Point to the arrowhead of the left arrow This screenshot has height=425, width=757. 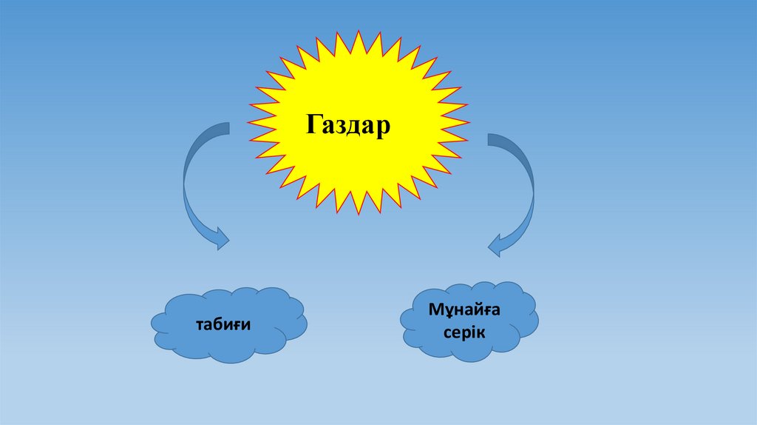(220, 239)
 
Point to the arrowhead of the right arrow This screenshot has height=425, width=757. (497, 245)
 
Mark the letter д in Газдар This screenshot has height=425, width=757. (356, 127)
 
